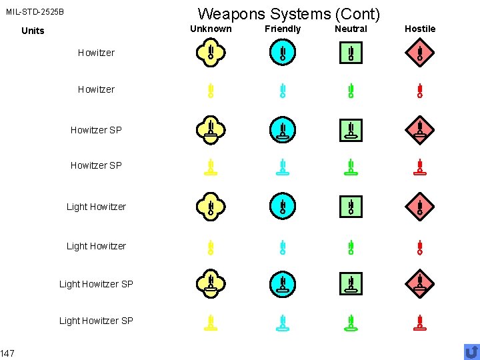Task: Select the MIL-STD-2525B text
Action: coord(35,12)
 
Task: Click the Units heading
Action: coord(33,31)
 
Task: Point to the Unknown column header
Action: coord(211,29)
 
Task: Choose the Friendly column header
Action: coord(283,29)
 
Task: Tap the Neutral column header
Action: coord(351,29)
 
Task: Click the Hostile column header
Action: coord(420,29)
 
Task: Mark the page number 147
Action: coord(8,353)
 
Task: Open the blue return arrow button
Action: coord(471,351)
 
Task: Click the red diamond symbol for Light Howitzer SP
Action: coord(420,283)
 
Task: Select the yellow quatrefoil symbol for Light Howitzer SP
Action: coord(211,283)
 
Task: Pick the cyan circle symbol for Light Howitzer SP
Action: coord(283,283)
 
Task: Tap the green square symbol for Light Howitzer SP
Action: coord(351,283)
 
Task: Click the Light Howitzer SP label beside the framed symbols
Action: coord(96,284)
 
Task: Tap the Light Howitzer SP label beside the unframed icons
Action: coord(96,321)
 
